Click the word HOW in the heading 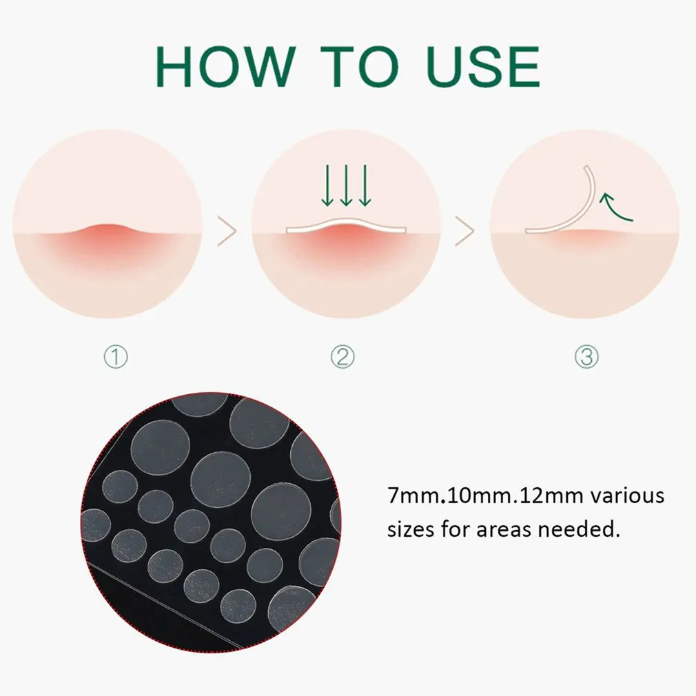coord(225,67)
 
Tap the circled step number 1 coord(115,356)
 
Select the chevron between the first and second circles coord(227,232)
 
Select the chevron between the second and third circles coord(465,232)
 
